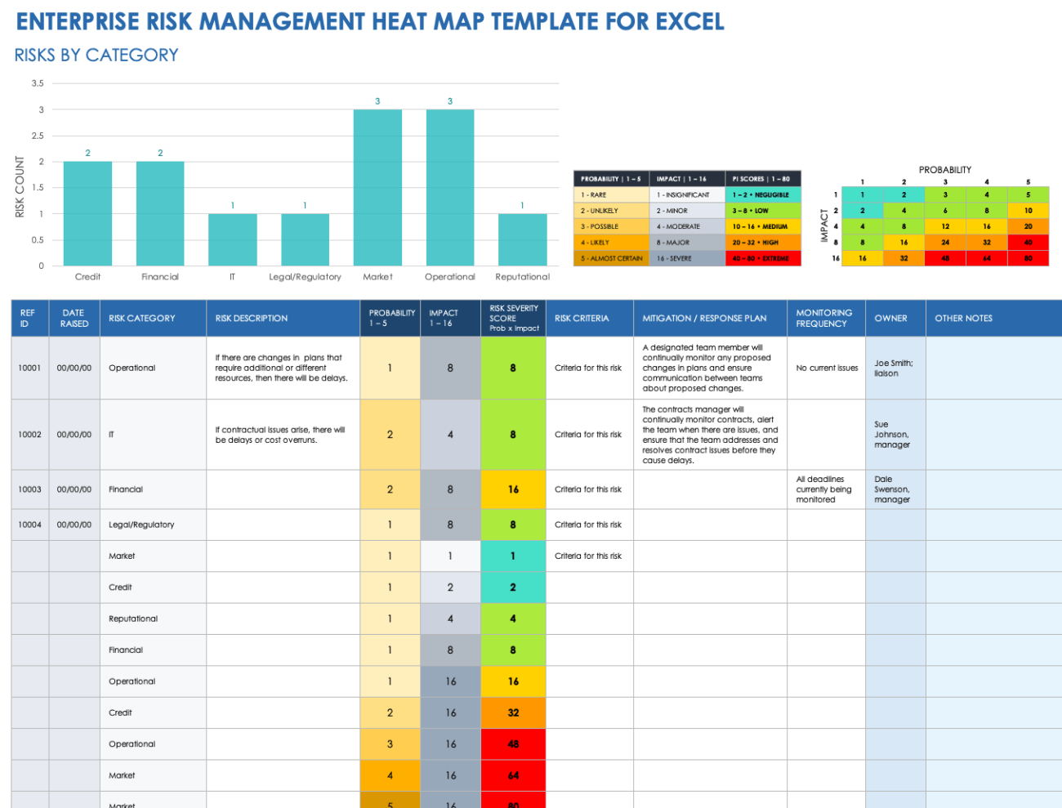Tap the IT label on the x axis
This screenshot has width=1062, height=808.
click(232, 277)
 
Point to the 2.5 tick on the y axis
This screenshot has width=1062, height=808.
click(38, 136)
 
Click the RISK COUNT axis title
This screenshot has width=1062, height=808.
click(20, 187)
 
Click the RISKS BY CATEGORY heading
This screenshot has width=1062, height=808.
click(96, 56)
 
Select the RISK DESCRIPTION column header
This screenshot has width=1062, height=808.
click(252, 319)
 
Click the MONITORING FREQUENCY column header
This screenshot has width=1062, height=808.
click(823, 319)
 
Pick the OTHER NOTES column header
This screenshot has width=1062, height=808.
click(963, 319)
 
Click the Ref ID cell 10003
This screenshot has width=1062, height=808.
click(29, 489)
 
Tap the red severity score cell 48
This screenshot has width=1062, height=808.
click(513, 744)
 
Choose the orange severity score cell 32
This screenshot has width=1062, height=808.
click(513, 712)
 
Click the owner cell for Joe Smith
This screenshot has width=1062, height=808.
click(894, 368)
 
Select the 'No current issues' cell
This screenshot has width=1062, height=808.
click(827, 368)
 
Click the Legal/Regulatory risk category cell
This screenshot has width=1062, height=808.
click(141, 525)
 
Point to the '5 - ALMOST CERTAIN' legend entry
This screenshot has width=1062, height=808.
click(611, 258)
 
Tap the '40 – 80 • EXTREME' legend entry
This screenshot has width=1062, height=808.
click(761, 258)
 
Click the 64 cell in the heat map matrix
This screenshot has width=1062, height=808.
click(987, 258)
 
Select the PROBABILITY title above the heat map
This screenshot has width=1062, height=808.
click(945, 170)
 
